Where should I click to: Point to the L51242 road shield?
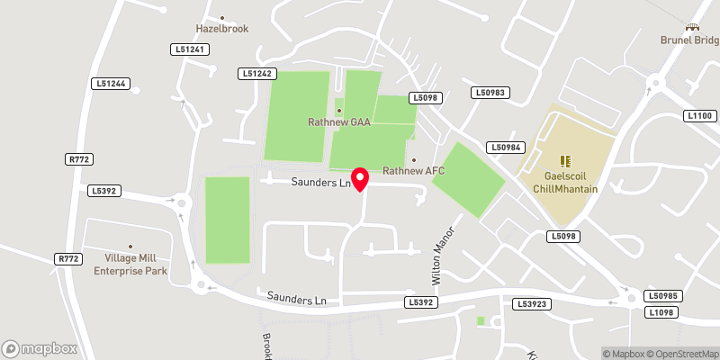click(257, 73)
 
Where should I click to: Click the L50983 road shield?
click(491, 93)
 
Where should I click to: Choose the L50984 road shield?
click(506, 147)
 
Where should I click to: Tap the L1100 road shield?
click(699, 116)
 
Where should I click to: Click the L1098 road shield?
click(661, 311)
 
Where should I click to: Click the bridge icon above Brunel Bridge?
click(693, 29)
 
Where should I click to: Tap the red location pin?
click(360, 178)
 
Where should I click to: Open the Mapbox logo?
click(40, 348)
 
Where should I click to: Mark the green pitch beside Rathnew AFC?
click(467, 180)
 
